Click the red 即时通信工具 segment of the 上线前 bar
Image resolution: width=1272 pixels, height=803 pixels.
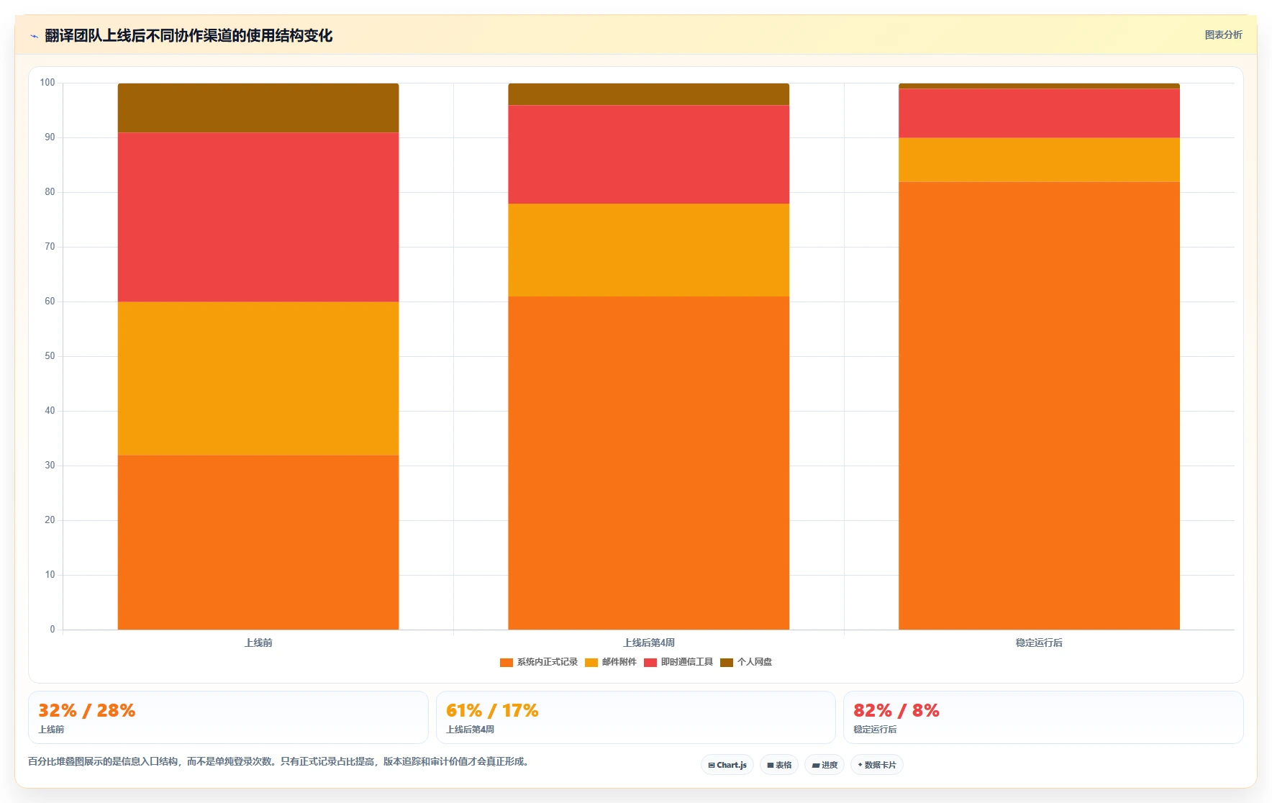coord(258,217)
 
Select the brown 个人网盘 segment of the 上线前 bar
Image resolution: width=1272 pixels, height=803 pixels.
coord(258,108)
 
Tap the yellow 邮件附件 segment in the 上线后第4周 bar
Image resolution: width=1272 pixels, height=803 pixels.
coord(648,250)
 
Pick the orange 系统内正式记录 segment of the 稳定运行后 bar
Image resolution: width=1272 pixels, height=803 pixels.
coord(1039,406)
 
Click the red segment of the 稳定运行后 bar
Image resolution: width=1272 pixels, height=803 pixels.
coord(1039,113)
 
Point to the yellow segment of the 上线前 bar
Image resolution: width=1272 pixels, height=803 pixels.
coord(258,378)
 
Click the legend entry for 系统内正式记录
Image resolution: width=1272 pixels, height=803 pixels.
coord(539,662)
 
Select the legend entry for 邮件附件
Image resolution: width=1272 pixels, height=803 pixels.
coord(611,662)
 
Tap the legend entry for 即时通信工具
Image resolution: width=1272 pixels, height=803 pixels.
coord(678,662)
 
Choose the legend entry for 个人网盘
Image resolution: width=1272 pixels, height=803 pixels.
coord(746,662)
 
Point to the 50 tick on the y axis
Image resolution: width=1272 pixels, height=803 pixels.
coord(50,356)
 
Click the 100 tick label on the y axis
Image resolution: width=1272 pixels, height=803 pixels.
coord(47,83)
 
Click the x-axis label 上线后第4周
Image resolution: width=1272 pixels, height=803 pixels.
coord(648,643)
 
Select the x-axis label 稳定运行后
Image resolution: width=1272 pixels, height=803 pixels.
coord(1039,643)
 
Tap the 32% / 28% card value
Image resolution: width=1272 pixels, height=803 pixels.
coord(86,711)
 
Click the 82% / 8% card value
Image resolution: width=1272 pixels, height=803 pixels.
coord(896,711)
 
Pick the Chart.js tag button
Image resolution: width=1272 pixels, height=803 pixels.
coord(727,765)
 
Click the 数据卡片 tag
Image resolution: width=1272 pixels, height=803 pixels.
coord(877,765)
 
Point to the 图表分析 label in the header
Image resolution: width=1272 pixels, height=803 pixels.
coord(1223,35)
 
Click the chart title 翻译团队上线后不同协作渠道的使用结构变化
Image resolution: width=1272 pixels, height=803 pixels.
coord(188,35)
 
